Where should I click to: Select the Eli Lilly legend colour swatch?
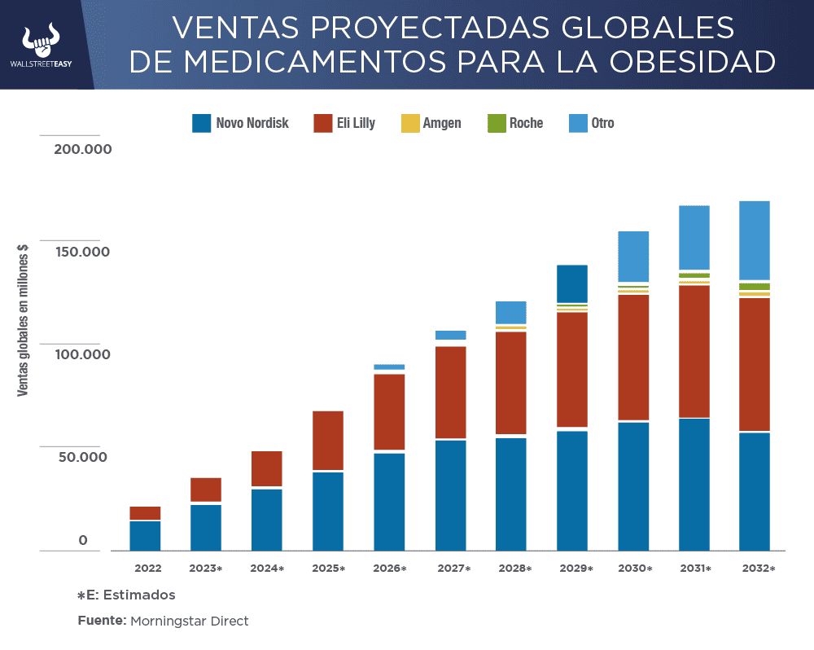pos(322,124)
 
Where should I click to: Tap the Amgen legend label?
pos(442,124)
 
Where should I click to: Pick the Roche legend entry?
pos(526,124)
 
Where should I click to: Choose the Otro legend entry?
pos(602,124)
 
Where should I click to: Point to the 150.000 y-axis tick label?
pos(82,252)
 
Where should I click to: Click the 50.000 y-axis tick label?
pos(82,457)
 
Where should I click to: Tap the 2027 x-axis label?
pos(453,569)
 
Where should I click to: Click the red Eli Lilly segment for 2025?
pos(328,441)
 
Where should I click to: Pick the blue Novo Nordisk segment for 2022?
pos(145,536)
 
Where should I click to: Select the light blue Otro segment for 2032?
pos(755,240)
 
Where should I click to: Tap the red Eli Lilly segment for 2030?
pos(633,357)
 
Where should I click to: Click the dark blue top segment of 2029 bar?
pos(572,283)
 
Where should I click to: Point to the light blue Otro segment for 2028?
pos(511,312)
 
